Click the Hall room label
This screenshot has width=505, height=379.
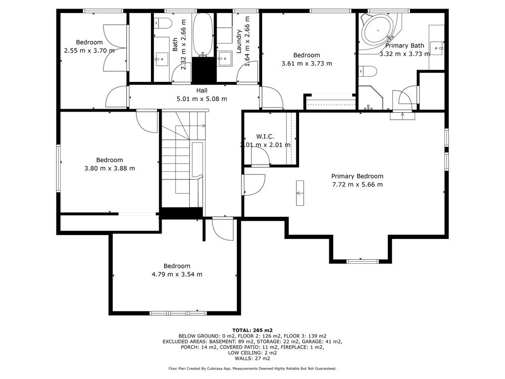click(x=202, y=90)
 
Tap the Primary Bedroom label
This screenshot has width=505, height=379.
click(x=357, y=176)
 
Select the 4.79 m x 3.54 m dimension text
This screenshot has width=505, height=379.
click(x=177, y=274)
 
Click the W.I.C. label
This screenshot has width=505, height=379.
click(x=265, y=136)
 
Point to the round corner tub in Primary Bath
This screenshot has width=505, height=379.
click(x=377, y=31)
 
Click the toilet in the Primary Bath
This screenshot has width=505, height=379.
click(x=367, y=71)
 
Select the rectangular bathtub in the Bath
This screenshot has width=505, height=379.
click(x=203, y=35)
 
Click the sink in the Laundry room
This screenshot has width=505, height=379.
click(x=224, y=59)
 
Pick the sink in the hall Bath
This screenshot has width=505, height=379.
click(x=162, y=59)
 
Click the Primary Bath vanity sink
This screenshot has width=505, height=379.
click(x=437, y=49)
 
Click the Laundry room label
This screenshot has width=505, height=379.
click(x=239, y=41)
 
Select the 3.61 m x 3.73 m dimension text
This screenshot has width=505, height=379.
click(x=307, y=64)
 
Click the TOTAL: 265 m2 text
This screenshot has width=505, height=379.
click(x=252, y=330)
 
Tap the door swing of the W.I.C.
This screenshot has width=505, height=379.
click(x=260, y=158)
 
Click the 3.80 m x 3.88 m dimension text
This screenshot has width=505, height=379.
click(x=110, y=168)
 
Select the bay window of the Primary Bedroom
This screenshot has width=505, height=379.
click(x=359, y=261)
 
